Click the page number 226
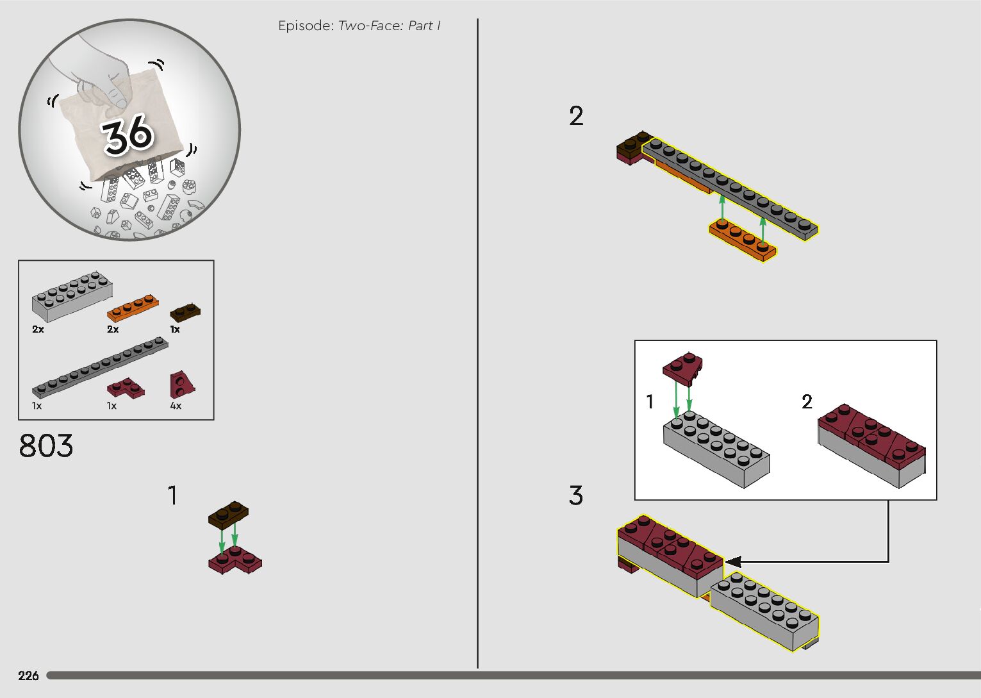(x=28, y=676)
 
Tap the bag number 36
(x=128, y=134)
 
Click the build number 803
(x=46, y=446)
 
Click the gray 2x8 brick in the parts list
(x=72, y=297)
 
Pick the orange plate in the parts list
(x=132, y=308)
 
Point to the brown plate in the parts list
(x=185, y=312)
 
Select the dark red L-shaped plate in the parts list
(x=125, y=387)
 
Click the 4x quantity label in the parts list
(x=176, y=406)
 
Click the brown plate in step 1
(x=228, y=514)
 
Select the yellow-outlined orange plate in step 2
(x=743, y=240)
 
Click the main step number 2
(x=576, y=116)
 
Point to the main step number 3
(x=576, y=495)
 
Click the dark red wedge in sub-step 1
(x=682, y=368)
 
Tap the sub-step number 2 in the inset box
(x=807, y=402)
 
